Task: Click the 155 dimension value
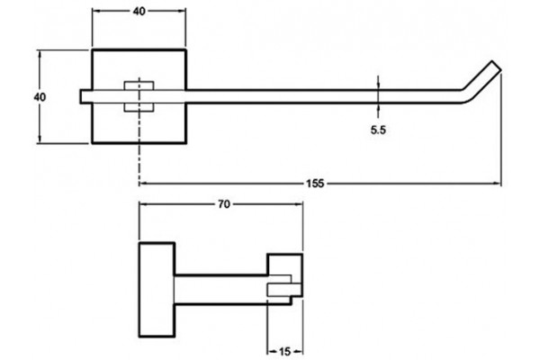click(x=315, y=184)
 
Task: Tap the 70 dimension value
click(x=223, y=204)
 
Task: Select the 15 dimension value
click(x=284, y=352)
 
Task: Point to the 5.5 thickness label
click(x=378, y=130)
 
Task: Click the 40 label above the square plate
click(x=139, y=12)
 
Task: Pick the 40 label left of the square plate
click(x=40, y=97)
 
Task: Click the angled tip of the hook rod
click(x=496, y=66)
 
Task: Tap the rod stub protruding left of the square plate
click(x=85, y=96)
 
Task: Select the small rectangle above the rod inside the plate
click(x=139, y=85)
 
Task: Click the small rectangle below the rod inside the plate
click(x=139, y=107)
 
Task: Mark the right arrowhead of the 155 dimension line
click(x=498, y=184)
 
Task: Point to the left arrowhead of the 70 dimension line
click(x=143, y=204)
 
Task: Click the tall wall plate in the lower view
click(x=157, y=290)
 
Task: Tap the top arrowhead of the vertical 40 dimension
click(x=40, y=55)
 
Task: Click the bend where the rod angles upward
click(x=465, y=95)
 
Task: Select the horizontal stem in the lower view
click(x=221, y=290)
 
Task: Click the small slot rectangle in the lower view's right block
click(x=284, y=290)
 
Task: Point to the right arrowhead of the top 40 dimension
click(x=182, y=11)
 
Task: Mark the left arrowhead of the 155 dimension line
click(x=144, y=184)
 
